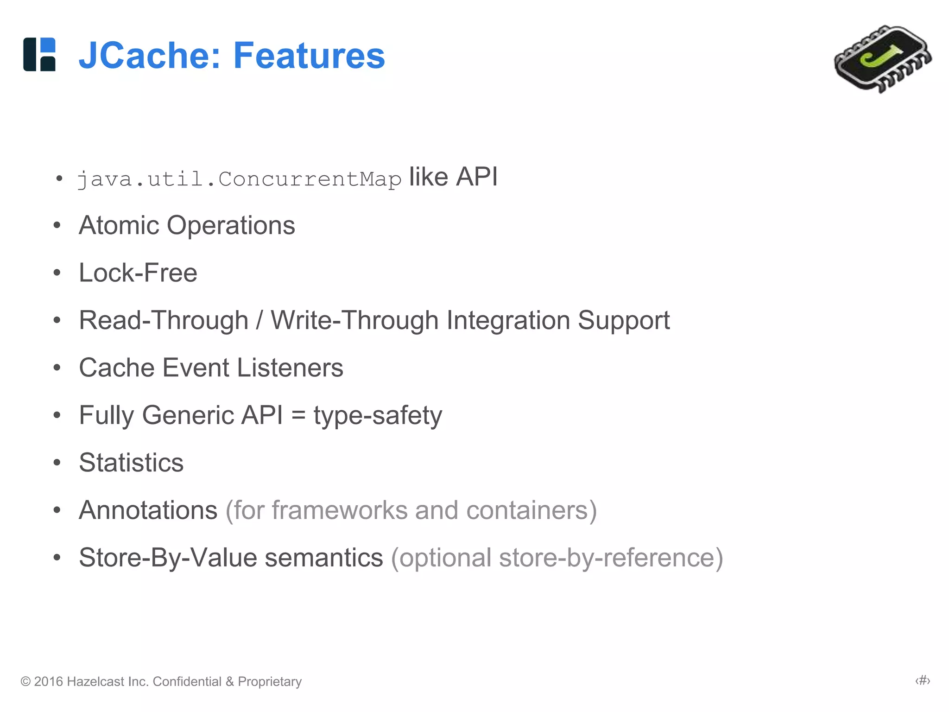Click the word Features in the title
click(x=309, y=56)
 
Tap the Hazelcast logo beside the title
click(x=39, y=54)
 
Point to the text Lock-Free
click(x=138, y=273)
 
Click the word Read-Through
click(x=164, y=320)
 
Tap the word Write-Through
click(x=354, y=320)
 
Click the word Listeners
click(x=290, y=368)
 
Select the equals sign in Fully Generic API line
click(x=298, y=416)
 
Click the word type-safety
click(x=378, y=416)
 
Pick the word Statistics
click(x=131, y=463)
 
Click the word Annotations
click(x=148, y=510)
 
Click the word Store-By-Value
click(x=167, y=558)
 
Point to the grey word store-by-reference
click(x=606, y=558)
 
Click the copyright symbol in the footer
click(x=26, y=681)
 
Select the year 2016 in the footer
click(x=48, y=681)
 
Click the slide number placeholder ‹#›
click(x=923, y=680)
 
